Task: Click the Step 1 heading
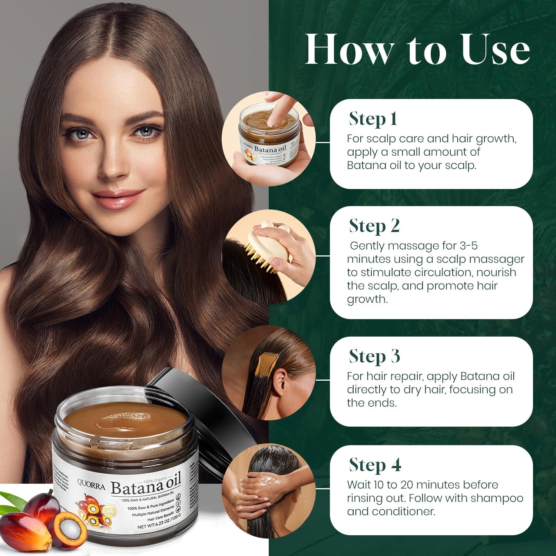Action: pyautogui.click(x=373, y=119)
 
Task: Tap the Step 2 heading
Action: pyautogui.click(x=374, y=226)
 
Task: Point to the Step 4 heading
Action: pyautogui.click(x=375, y=465)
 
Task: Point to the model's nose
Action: pyautogui.click(x=111, y=163)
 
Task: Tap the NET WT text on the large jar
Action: pyautogui.click(x=146, y=526)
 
